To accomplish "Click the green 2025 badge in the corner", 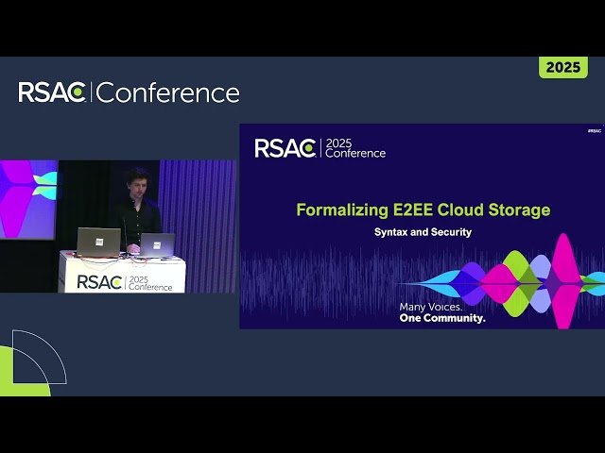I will tap(562, 68).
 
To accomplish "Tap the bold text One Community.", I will tap(441, 318).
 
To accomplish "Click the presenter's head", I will tap(136, 182).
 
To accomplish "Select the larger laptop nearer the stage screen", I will tap(98, 242).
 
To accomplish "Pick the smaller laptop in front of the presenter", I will tap(157, 244).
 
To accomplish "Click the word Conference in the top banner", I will tap(168, 92).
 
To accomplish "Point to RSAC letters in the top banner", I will tap(52, 92).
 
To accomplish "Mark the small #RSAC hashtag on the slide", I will tap(594, 131).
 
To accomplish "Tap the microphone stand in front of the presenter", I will tap(125, 236).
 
